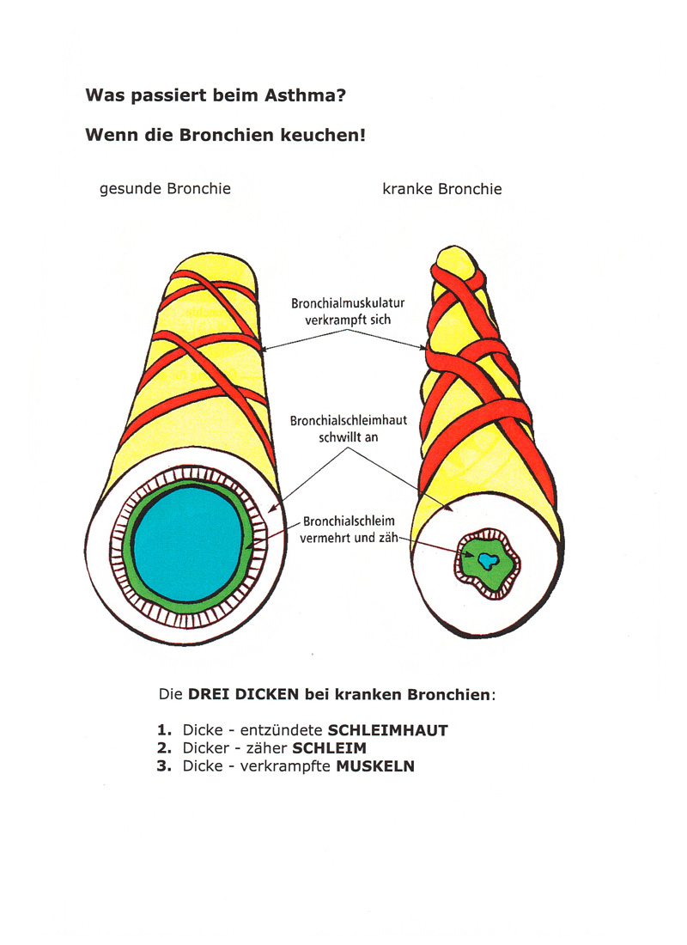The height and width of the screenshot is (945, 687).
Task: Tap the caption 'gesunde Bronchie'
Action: click(165, 189)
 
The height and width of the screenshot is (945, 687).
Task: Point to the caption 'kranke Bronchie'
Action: click(441, 189)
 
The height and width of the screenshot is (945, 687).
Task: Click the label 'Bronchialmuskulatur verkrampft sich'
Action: click(348, 312)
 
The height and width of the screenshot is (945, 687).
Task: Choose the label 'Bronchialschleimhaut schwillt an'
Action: click(349, 429)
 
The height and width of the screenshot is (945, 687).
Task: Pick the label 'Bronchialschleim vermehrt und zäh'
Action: click(349, 529)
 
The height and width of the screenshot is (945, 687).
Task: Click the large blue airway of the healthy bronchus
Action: click(188, 545)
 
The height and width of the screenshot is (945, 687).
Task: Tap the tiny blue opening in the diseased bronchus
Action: click(488, 561)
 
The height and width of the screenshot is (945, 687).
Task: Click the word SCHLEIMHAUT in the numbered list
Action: click(387, 730)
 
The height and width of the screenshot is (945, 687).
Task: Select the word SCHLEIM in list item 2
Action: click(329, 748)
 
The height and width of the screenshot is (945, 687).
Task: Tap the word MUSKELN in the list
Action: click(375, 766)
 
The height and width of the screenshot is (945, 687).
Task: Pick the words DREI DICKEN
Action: click(244, 694)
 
